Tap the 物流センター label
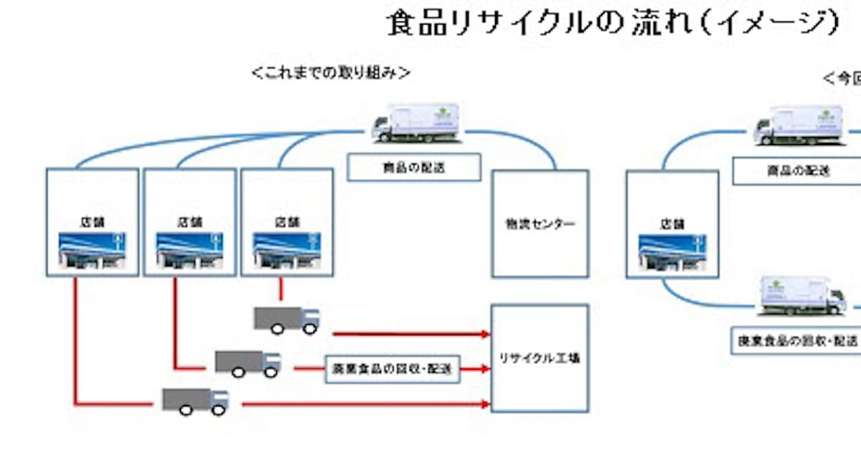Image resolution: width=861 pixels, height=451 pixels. pos(540,223)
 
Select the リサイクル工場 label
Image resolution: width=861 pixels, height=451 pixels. pos(540,357)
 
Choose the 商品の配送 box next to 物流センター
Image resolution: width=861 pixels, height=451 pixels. pos(413,169)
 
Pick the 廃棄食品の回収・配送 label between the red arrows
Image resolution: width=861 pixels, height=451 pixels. pos(392,369)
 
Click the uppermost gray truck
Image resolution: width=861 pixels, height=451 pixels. pos(286,320)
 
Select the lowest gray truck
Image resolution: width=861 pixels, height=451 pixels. pos(194,401)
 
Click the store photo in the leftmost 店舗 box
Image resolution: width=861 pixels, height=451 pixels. pos(92,251)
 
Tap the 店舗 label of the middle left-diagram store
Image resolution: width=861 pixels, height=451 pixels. pos(189,223)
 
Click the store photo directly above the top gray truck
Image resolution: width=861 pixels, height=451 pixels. pos(286,251)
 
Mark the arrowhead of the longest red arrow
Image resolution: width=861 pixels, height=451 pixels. pos(485,404)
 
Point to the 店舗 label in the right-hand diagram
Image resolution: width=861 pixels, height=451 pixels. pos(672,224)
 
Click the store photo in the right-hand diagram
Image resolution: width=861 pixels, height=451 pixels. pos(672,252)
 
